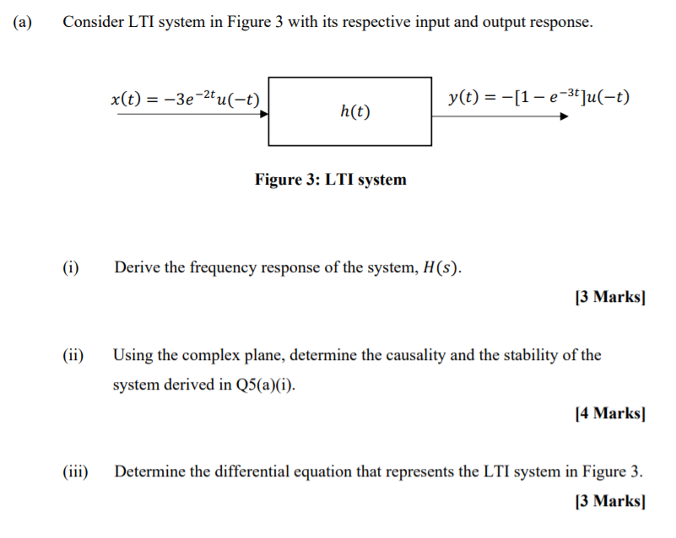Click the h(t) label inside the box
pyautogui.click(x=355, y=111)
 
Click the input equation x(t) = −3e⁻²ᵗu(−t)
pyautogui.click(x=185, y=99)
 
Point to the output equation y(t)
pyautogui.click(x=538, y=97)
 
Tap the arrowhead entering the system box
pyautogui.click(x=262, y=116)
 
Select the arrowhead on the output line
pyautogui.click(x=565, y=116)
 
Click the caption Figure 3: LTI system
pyautogui.click(x=330, y=180)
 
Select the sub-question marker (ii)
pyautogui.click(x=73, y=355)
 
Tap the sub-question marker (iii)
pyautogui.click(x=75, y=471)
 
